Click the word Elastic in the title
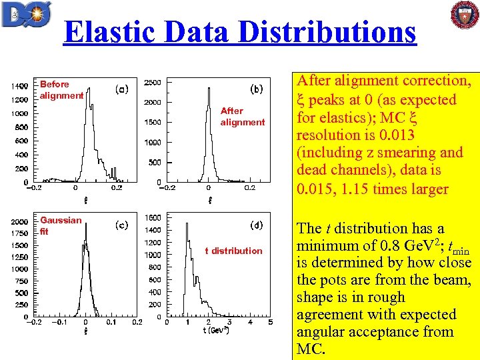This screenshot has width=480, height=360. tap(116, 32)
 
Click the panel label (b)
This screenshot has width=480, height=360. tap(256, 88)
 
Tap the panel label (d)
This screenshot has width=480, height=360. tap(256, 225)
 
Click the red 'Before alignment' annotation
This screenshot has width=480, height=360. tap(61, 90)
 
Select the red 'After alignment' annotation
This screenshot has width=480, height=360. tap(242, 117)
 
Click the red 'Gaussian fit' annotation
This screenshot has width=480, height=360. tap(61, 226)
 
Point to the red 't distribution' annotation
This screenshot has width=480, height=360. tap(233, 251)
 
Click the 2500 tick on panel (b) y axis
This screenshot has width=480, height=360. tap(152, 82)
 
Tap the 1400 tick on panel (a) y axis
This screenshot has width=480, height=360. tap(19, 86)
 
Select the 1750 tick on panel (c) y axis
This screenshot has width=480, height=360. tap(19, 233)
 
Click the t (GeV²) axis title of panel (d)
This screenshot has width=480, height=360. tap(216, 331)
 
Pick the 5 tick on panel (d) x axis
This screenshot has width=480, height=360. tap(270, 323)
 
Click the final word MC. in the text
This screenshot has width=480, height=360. tap(311, 349)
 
